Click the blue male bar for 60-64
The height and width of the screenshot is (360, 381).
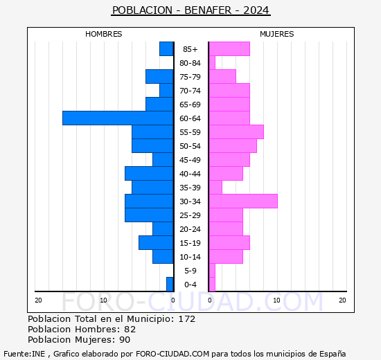pyautogui.click(x=118, y=118)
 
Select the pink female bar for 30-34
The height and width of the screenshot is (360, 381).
pyautogui.click(x=243, y=201)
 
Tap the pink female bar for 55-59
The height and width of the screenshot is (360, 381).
pyautogui.click(x=236, y=132)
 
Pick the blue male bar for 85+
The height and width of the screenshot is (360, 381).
pyautogui.click(x=166, y=49)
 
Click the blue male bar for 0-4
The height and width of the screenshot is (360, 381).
pyautogui.click(x=170, y=285)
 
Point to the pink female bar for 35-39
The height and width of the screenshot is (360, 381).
pyautogui.click(x=215, y=188)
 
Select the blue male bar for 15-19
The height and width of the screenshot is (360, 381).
pyautogui.click(x=156, y=243)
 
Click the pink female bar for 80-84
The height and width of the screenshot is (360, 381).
pyautogui.click(x=212, y=63)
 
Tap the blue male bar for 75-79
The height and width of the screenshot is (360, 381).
pyautogui.click(x=159, y=77)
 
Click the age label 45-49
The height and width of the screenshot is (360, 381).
pyautogui.click(x=190, y=160)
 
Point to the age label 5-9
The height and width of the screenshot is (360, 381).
pyautogui.click(x=190, y=271)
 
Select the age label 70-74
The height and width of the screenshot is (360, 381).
pyautogui.click(x=190, y=91)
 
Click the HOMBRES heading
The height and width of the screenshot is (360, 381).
pyautogui.click(x=104, y=34)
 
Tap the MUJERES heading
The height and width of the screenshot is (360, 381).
pyautogui.click(x=277, y=34)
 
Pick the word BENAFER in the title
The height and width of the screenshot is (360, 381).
pyautogui.click(x=209, y=10)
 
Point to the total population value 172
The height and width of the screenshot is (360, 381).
pyautogui.click(x=186, y=319)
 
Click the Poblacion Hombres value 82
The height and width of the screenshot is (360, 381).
pyautogui.click(x=130, y=330)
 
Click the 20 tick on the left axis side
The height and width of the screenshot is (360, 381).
pyautogui.click(x=39, y=300)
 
